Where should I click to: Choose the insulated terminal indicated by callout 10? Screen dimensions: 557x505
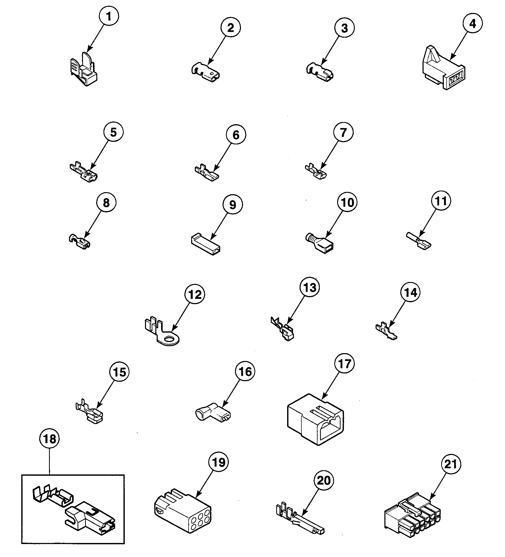coord(320,243)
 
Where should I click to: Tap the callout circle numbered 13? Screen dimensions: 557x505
coord(310,287)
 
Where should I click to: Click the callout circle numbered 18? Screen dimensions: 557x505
coord(50,439)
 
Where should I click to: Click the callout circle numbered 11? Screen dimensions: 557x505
coord(441,201)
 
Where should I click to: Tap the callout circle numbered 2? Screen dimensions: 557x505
coord(230,27)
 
